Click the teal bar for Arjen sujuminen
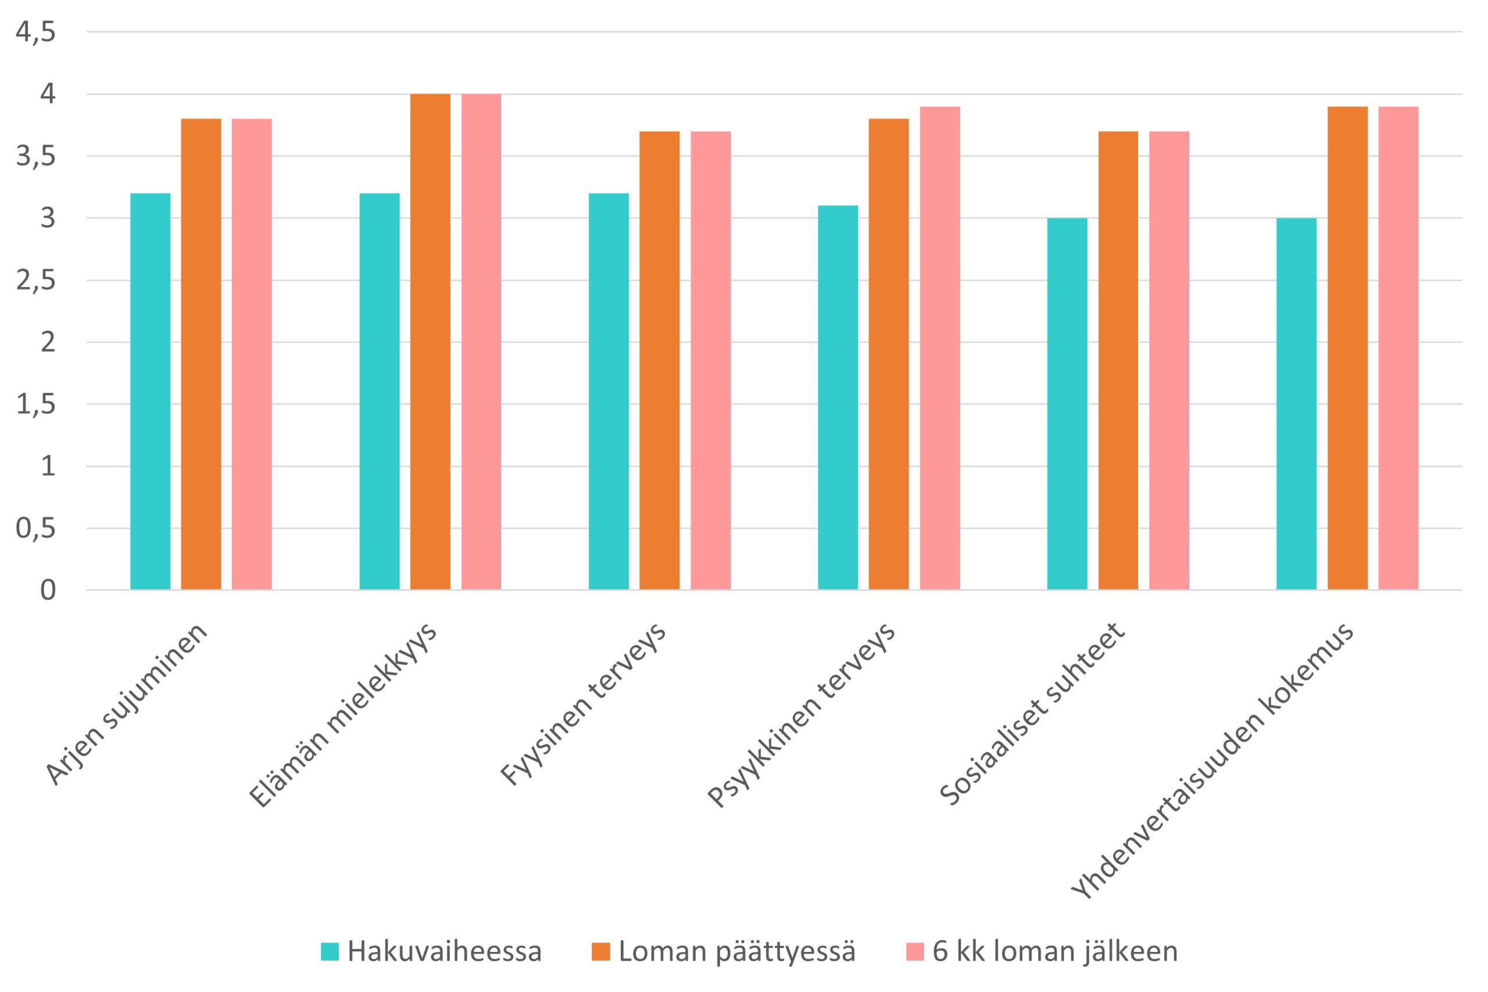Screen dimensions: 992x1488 click(x=150, y=392)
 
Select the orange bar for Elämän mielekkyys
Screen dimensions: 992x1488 click(x=430, y=342)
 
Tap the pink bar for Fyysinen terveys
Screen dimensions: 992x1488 click(x=710, y=361)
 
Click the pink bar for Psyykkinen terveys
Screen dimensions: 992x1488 click(x=939, y=348)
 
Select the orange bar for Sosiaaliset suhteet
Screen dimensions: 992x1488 click(x=1118, y=361)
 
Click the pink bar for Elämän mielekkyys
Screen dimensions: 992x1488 click(x=481, y=342)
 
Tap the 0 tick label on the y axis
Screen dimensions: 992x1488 click(x=48, y=590)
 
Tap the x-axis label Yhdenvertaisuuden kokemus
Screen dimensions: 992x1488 click(x=1211, y=759)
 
